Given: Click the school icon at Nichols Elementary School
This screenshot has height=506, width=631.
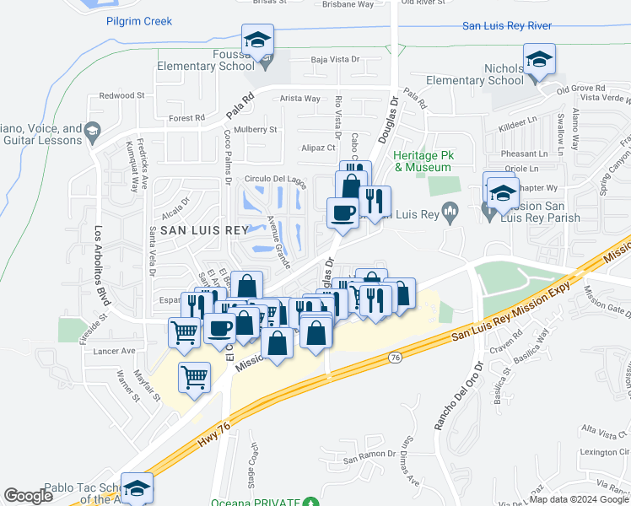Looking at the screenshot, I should [538, 59].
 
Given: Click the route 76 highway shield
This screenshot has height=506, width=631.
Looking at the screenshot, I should [395, 358].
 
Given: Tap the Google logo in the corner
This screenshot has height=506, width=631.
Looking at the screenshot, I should [28, 496].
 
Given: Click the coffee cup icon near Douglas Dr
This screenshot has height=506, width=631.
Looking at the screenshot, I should [342, 213].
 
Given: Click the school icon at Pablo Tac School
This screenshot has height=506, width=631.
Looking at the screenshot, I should [136, 488].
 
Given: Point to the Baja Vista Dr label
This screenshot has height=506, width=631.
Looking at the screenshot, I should [335, 60].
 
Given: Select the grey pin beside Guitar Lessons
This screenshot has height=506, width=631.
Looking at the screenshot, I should [93, 130].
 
